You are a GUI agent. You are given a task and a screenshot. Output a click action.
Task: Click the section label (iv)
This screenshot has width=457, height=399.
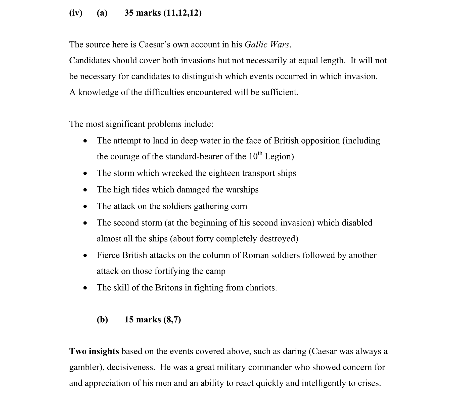point(76,13)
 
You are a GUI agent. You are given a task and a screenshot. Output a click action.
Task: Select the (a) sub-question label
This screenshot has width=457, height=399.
point(102,13)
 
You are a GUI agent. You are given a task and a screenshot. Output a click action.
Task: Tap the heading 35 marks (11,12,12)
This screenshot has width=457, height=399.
point(163,13)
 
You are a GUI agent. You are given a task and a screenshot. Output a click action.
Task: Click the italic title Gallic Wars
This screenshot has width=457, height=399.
point(267,45)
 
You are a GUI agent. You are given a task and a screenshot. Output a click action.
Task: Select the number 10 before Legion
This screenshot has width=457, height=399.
point(253,157)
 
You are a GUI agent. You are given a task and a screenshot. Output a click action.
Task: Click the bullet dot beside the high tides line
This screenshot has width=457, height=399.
point(85,190)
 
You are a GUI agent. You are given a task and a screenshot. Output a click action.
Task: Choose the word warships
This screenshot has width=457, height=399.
point(242,190)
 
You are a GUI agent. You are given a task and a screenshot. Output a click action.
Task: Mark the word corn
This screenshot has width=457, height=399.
point(239,206)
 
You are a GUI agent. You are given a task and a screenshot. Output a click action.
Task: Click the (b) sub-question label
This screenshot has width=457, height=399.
point(102,320)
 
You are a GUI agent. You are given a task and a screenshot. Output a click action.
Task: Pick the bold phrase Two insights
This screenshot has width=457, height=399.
point(94,351)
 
